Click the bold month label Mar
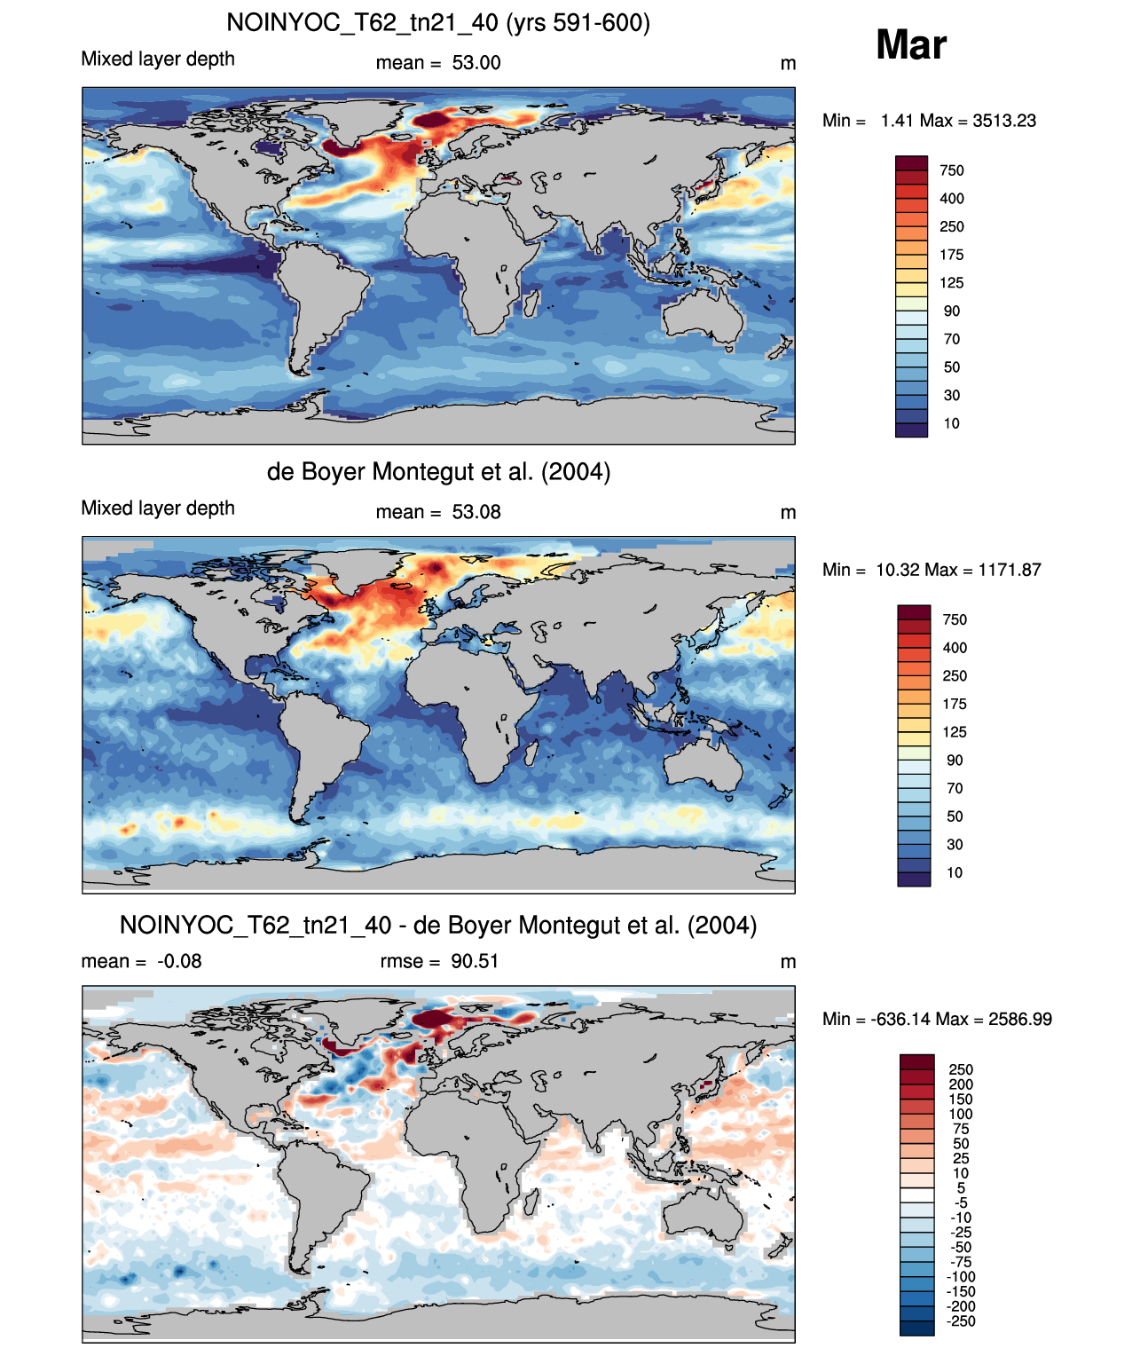coord(910,45)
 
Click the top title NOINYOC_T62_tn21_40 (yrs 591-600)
coord(438,23)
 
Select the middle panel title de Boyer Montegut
coord(438,471)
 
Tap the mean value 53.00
coord(476,63)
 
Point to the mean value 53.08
coord(476,512)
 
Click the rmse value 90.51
coord(475,961)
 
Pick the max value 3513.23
coord(1003,121)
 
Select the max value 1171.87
coord(1009,570)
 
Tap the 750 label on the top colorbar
coord(952,170)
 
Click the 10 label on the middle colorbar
coord(955,872)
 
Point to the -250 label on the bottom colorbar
coord(962,1321)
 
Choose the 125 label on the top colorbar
coord(952,283)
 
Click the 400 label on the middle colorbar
coord(955,648)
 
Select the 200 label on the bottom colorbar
coord(961,1084)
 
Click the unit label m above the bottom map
coord(788,963)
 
